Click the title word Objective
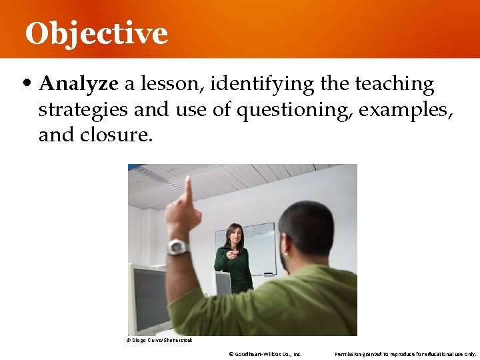[x=97, y=33]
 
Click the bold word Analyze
[x=79, y=85]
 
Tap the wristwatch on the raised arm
[x=177, y=247]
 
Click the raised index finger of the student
[x=189, y=190]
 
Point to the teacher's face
[x=235, y=235]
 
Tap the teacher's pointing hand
[x=231, y=253]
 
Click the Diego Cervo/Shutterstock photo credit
[x=159, y=340]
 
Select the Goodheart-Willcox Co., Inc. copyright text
[x=265, y=353]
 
